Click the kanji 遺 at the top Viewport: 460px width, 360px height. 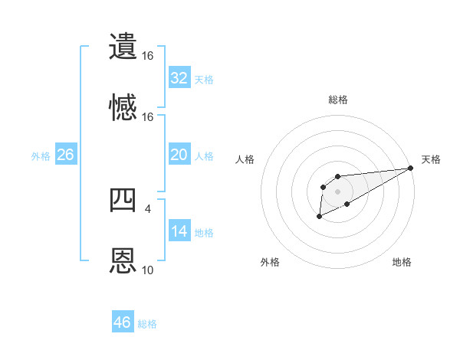coord(123,47)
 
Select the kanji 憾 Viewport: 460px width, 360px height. coord(123,106)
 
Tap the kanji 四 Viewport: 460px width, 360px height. coord(123,200)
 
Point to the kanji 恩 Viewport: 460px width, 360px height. coord(123,260)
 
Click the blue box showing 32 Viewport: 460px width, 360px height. coord(179,78)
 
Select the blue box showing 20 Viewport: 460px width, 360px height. coord(179,155)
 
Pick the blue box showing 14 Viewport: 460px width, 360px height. coord(179,232)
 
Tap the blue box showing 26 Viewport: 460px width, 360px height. coord(65,155)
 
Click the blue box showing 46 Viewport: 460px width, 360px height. coord(123,322)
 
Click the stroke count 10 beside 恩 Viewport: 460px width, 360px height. coord(148,270)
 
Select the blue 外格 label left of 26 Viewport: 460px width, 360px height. coord(41,155)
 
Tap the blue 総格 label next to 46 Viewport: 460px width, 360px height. coord(147,323)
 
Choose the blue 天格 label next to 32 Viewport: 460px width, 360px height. coord(204,79)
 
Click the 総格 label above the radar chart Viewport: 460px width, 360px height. coord(337,100)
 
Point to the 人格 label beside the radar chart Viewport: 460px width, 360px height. coord(245,159)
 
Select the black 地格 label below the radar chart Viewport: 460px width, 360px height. coord(402,262)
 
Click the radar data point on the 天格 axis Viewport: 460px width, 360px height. coord(411,168)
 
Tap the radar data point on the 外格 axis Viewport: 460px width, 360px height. coord(319,218)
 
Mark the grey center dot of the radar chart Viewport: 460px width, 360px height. coord(337,191)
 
